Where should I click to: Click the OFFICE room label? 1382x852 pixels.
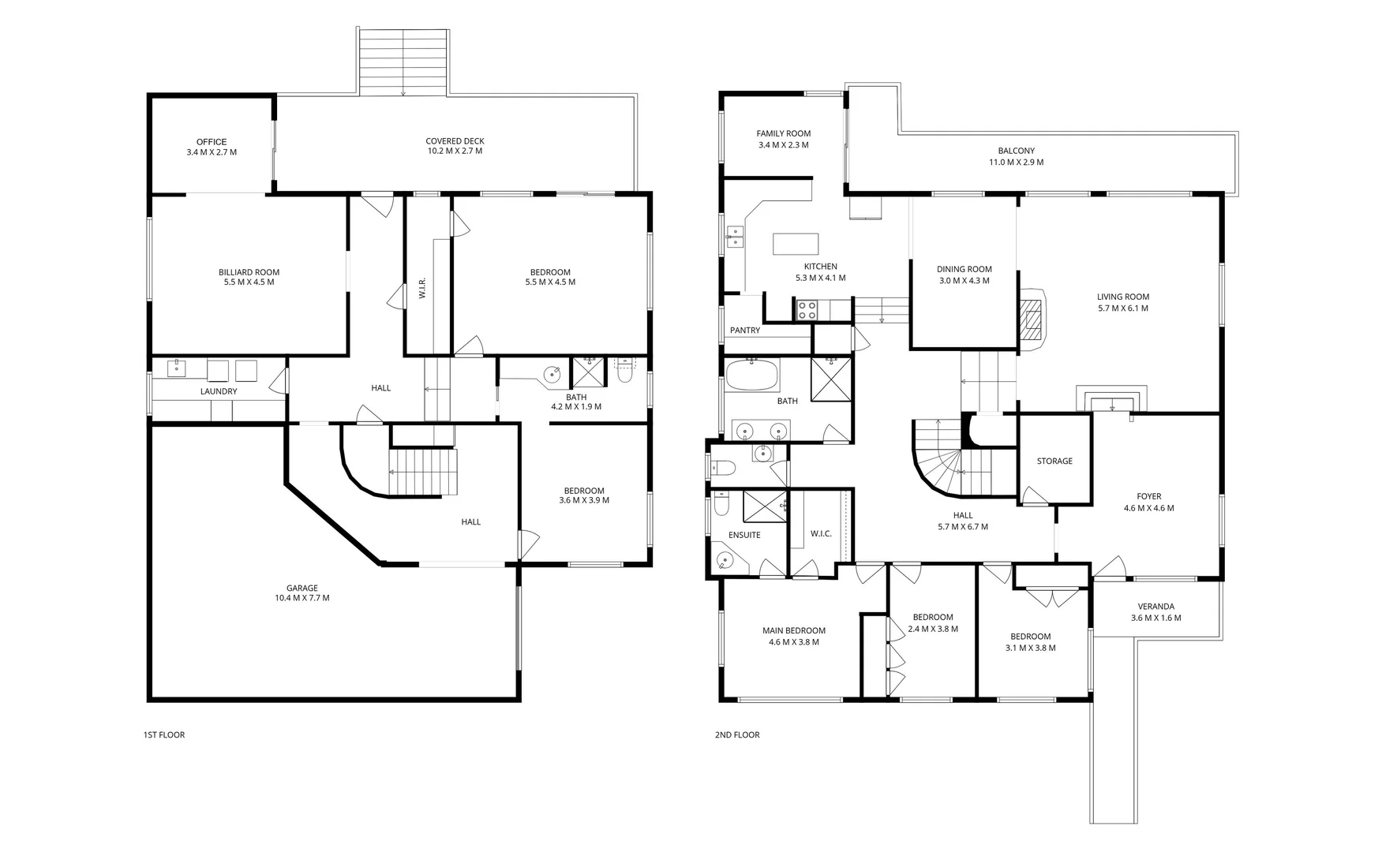[x=212, y=142]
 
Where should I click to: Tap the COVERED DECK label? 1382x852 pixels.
[x=455, y=141]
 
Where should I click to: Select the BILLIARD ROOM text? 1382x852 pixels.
[x=249, y=272]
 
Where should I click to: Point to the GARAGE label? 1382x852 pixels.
[x=302, y=588]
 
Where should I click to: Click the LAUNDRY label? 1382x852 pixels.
[x=219, y=391]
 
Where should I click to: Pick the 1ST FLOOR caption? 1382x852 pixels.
[x=164, y=734]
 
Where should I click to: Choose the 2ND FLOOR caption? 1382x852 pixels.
[x=737, y=734]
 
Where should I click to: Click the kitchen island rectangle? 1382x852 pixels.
[x=796, y=244]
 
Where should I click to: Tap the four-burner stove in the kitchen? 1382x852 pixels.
[x=807, y=309]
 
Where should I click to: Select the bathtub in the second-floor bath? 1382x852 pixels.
[x=752, y=375]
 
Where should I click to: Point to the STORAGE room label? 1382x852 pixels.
[x=1054, y=461]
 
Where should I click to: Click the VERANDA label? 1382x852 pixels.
[x=1156, y=607]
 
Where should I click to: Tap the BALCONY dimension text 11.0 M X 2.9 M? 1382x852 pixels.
[x=1016, y=162]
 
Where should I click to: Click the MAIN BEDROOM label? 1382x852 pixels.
[x=794, y=630]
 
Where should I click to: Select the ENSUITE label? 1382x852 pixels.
[x=744, y=535]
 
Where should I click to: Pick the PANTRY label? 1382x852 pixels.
[x=745, y=331]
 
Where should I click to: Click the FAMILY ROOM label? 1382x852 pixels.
[x=784, y=133]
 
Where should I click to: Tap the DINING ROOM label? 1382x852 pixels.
[x=964, y=269]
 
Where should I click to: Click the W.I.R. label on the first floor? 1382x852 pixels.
[x=423, y=288]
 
